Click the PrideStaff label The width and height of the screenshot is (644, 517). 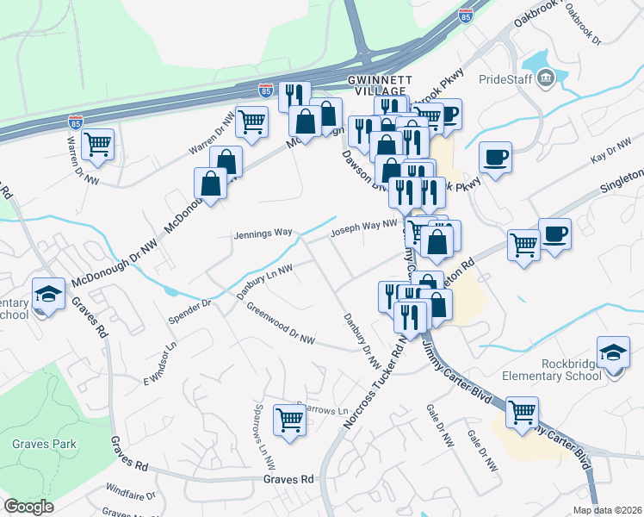(503, 79)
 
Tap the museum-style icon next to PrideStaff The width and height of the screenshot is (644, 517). (545, 79)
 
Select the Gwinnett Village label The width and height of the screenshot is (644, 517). (375, 85)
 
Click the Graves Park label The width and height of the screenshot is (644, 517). (44, 445)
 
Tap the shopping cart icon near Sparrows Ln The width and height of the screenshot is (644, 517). (289, 420)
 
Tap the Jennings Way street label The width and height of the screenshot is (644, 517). (263, 234)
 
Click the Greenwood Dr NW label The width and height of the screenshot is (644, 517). (282, 323)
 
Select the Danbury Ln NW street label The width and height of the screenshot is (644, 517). (264, 282)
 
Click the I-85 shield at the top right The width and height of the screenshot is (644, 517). (466, 16)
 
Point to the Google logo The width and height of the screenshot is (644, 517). (28, 507)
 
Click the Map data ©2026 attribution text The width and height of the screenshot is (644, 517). (606, 510)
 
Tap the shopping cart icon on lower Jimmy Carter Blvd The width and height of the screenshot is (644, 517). (523, 412)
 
